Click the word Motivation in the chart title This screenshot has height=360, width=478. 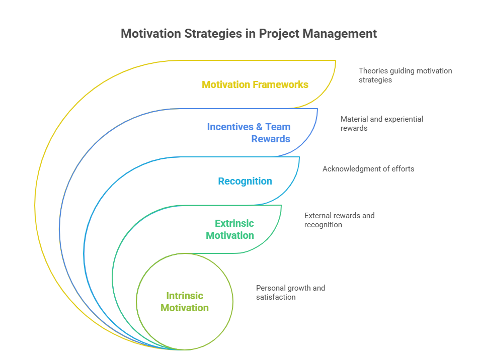[x=148, y=34]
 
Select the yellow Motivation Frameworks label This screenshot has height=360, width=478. [x=255, y=84]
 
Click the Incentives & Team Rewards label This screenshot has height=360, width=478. [x=249, y=133]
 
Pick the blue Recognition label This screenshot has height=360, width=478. [x=245, y=181]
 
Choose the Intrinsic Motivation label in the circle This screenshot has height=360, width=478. [x=185, y=302]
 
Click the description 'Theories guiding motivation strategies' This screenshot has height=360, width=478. [x=405, y=75]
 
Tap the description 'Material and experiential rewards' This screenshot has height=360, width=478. [x=381, y=124]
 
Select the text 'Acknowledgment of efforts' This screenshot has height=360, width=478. [x=368, y=169]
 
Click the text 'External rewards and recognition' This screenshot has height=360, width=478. [x=339, y=220]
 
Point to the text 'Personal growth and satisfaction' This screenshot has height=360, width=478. [x=290, y=293]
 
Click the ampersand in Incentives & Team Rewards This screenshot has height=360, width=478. [x=260, y=127]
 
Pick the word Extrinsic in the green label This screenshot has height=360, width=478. [x=234, y=223]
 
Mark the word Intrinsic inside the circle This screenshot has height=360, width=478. [x=185, y=296]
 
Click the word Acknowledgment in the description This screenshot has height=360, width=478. [x=350, y=169]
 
